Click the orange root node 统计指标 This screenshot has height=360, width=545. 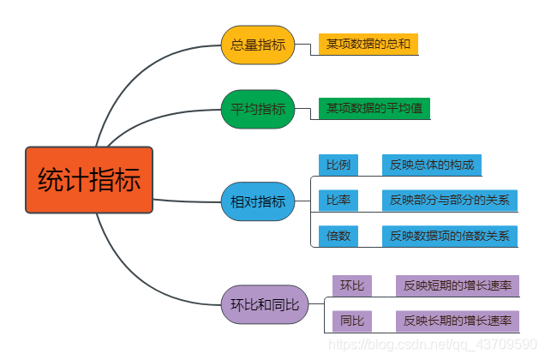click(x=89, y=181)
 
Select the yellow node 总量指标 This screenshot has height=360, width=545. click(x=258, y=45)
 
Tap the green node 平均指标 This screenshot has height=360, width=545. click(x=258, y=109)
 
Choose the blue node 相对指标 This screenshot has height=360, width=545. click(x=258, y=201)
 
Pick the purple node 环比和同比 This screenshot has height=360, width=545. click(x=264, y=304)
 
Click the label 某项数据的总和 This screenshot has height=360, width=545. click(x=368, y=45)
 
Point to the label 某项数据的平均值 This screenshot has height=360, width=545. click(x=374, y=109)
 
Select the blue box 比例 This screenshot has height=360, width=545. click(x=338, y=165)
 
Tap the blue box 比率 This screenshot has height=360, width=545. click(x=338, y=201)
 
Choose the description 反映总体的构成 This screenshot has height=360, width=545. click(x=431, y=165)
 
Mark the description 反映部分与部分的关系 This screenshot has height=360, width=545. click(x=449, y=201)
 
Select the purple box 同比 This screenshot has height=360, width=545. click(x=352, y=321)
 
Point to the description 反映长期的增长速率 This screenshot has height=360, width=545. click(x=457, y=321)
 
